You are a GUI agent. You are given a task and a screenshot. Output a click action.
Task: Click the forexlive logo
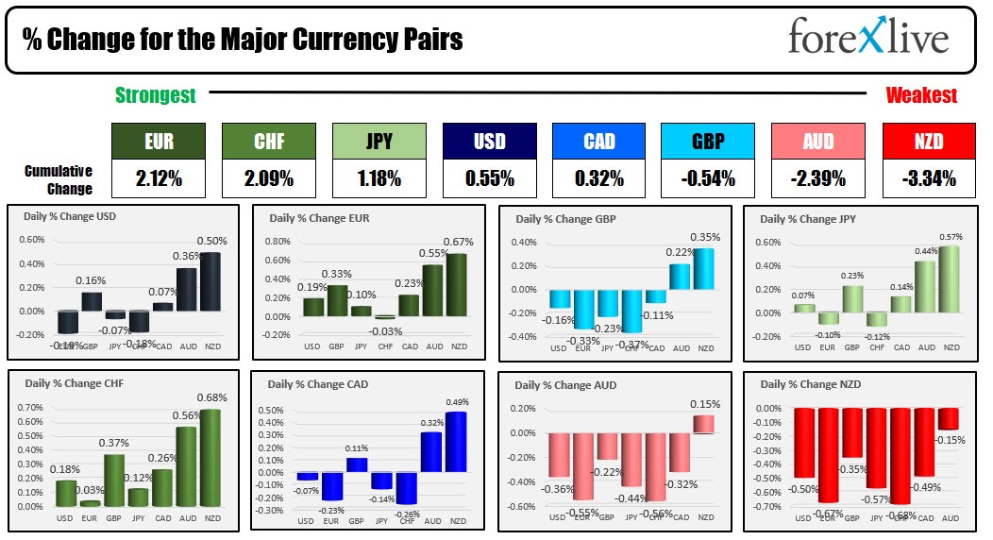click(x=867, y=39)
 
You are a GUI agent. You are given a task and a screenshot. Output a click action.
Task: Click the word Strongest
click(x=156, y=95)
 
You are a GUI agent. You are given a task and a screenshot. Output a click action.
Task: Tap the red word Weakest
click(x=920, y=95)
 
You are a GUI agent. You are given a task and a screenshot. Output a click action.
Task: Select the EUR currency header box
click(x=158, y=141)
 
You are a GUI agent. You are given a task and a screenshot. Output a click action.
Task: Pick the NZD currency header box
click(x=928, y=141)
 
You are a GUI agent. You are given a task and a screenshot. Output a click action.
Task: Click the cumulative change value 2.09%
click(x=267, y=177)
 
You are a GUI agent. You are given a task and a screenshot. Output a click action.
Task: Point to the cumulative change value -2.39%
click(x=817, y=177)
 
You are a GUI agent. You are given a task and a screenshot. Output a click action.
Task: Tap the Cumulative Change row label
click(x=59, y=179)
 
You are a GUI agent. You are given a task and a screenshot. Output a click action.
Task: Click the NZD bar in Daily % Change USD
click(x=211, y=280)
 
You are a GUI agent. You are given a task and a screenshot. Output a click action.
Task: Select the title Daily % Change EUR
click(x=319, y=218)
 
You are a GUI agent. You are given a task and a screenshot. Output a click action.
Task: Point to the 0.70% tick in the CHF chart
click(x=31, y=407)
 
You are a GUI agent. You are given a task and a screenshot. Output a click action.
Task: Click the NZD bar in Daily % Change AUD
click(x=704, y=424)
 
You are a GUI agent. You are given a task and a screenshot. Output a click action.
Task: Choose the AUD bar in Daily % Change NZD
click(x=947, y=418)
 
